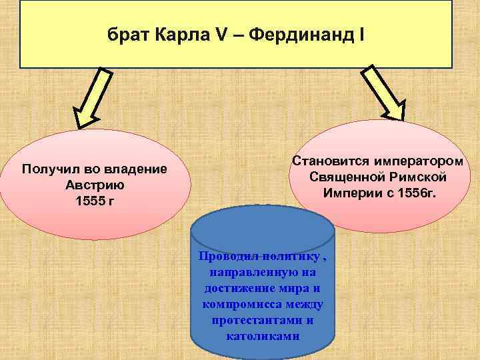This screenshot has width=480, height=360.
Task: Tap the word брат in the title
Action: (131, 33)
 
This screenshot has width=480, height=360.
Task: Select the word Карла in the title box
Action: (182, 33)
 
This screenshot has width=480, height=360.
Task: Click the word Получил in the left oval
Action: (50, 169)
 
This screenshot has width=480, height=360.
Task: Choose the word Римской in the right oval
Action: (419, 177)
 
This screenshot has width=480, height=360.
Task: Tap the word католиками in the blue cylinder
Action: (263, 335)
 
